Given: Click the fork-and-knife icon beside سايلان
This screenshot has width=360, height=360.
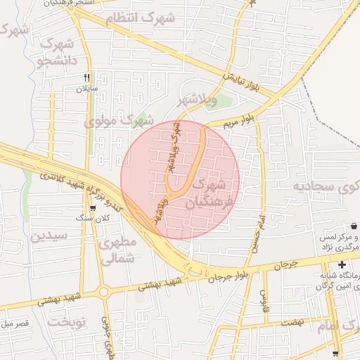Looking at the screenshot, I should pos(87,78).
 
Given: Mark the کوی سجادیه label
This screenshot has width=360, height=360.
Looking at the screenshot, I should pos(324,187).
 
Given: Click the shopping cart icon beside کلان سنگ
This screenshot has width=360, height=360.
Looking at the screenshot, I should pos(93,209).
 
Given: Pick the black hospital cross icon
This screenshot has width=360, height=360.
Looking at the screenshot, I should pos(342,265).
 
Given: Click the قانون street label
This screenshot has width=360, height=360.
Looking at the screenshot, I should pos(263,292).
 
